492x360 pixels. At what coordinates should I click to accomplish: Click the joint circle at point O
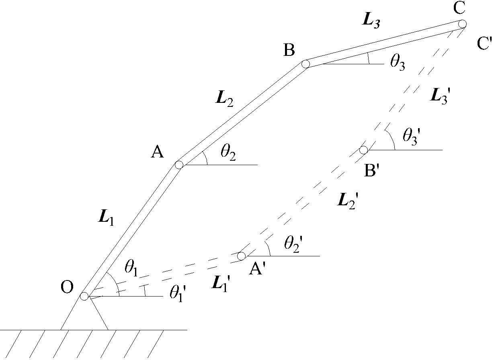84,297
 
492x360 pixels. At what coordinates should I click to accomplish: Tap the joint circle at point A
179,164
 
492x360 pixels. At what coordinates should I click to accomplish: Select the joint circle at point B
305,64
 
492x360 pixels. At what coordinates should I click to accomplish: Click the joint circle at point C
462,24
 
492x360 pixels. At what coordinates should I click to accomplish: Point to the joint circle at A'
241,256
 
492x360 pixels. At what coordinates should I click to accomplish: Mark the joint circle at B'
363,150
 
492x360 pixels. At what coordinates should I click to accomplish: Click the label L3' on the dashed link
439,96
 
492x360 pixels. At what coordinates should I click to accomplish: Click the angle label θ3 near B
398,64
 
